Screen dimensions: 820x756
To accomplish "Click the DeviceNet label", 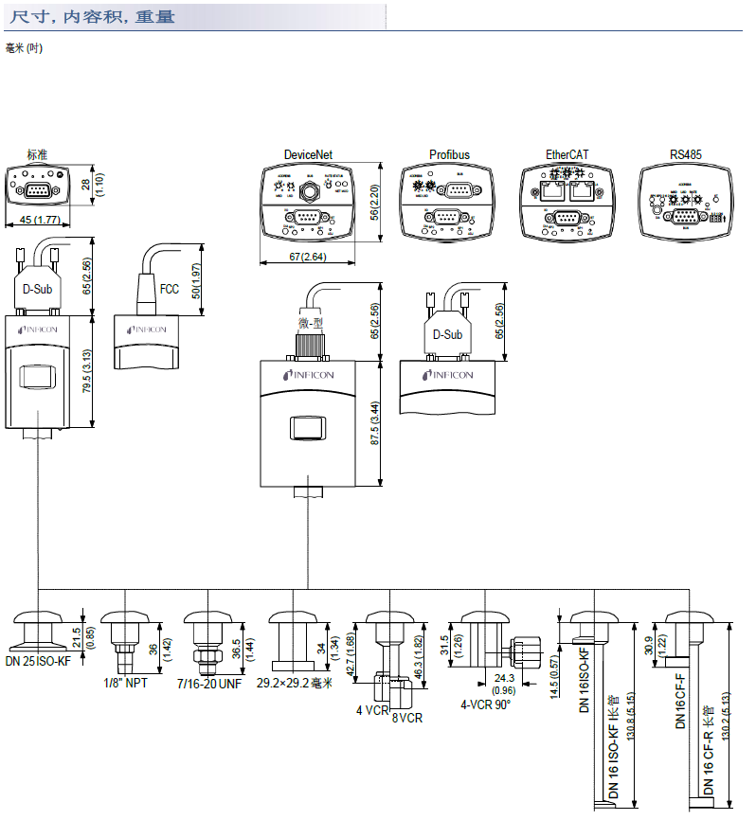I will [x=308, y=155].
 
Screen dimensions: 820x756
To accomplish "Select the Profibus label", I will [x=449, y=155].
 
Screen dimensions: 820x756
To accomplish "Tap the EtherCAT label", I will [x=568, y=155].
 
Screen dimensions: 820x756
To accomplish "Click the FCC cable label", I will [x=170, y=289].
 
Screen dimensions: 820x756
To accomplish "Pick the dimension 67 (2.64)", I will [x=308, y=257].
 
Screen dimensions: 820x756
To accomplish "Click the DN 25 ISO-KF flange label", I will [x=38, y=661].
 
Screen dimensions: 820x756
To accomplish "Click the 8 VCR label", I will [x=406, y=718].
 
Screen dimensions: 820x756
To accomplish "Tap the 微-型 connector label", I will [x=310, y=322].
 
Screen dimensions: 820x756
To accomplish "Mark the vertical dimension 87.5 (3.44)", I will [x=375, y=423].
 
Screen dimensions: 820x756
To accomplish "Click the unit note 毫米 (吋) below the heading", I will [x=24, y=48].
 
